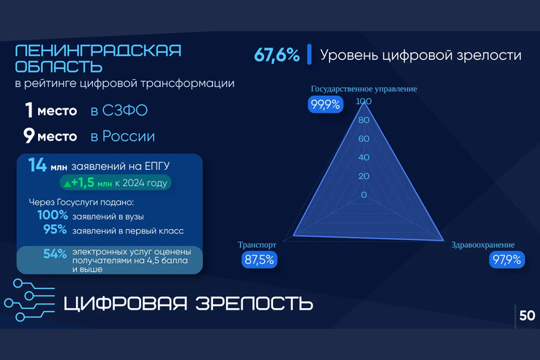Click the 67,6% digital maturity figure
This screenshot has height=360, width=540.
pos(277,55)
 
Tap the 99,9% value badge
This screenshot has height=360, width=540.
pos(325,105)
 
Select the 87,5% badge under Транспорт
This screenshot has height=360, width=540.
pos(259,259)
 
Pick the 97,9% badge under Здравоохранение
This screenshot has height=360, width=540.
pos(506,259)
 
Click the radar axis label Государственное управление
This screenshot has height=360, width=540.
pos(364,89)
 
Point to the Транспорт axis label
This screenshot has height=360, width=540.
pos(257,245)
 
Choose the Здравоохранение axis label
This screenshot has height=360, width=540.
pos(483,244)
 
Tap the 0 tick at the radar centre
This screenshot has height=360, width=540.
pos(364,195)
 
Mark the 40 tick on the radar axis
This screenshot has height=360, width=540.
pos(363,158)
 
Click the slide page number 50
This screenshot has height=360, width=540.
pos(527,316)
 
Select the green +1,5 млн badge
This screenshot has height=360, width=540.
pos(116,183)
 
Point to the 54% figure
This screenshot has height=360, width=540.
pos(55,255)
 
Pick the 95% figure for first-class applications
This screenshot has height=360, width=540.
pos(55,230)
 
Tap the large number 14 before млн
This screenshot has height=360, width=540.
pos(37,165)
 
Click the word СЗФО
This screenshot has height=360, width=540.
pos(119,111)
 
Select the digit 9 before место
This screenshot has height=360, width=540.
pos(29,136)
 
